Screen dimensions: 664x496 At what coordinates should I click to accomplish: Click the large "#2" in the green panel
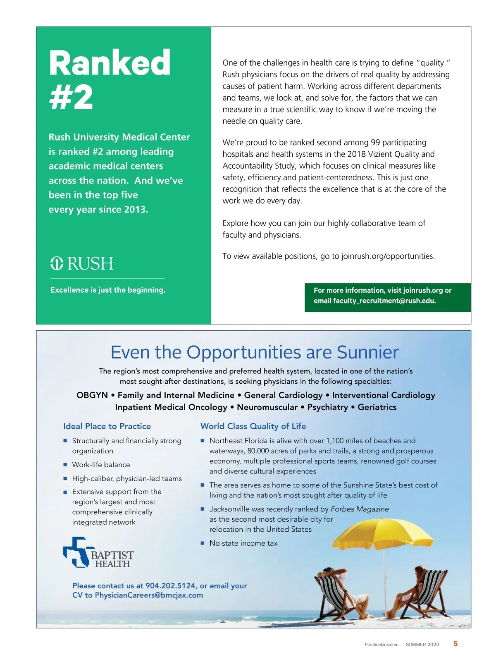[71, 98]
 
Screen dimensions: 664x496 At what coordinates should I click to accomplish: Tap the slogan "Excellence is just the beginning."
[107, 290]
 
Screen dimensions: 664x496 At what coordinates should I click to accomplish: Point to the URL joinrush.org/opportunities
[387, 256]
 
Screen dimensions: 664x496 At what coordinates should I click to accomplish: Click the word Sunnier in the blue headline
[368, 352]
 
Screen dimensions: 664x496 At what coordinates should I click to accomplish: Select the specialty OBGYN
[92, 395]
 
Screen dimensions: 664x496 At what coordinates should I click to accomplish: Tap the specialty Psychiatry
[327, 407]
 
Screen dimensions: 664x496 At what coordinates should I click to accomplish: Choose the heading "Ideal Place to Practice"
[107, 426]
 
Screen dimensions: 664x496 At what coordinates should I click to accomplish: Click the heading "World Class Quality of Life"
[253, 426]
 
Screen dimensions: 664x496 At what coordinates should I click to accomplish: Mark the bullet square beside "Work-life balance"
[65, 465]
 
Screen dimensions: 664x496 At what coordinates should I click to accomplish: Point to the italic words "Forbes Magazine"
[360, 509]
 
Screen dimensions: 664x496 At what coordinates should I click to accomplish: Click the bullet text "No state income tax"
[243, 543]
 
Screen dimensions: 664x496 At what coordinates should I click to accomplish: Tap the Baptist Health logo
[98, 553]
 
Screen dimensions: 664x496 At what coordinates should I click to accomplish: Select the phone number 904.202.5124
[171, 585]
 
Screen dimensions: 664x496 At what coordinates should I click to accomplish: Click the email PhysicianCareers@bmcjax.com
[149, 595]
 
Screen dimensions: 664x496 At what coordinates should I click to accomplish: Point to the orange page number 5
[455, 643]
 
